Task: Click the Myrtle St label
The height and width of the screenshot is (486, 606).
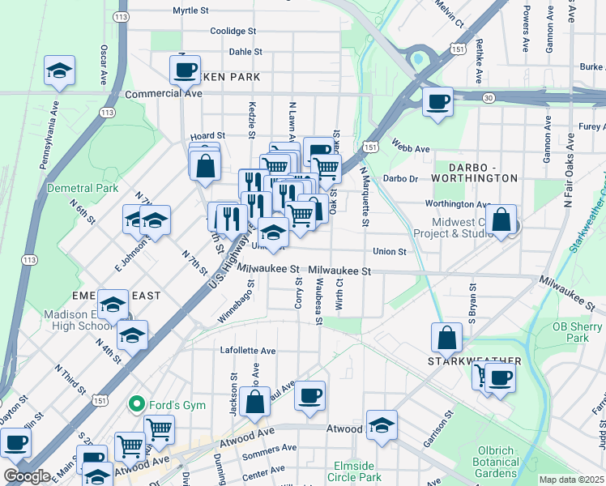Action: coord(191,11)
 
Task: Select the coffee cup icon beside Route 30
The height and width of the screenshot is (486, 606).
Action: coord(437,102)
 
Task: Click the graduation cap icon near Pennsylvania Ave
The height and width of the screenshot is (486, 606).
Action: coord(59,71)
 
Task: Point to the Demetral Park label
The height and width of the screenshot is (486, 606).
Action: coord(83,188)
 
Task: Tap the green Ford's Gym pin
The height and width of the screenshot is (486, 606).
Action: coord(137,403)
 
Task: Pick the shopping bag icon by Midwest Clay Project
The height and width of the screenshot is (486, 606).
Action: coord(501,220)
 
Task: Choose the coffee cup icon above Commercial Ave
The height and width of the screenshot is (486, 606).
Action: coord(186,70)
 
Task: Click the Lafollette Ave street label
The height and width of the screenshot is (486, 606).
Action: coord(249,351)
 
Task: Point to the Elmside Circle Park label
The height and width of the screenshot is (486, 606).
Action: coord(352,471)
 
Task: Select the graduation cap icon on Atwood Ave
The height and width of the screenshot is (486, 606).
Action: coord(382,424)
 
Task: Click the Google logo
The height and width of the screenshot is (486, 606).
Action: coord(27,475)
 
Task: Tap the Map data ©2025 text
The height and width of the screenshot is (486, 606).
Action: coord(571,480)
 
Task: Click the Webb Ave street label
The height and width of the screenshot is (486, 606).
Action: coord(412,149)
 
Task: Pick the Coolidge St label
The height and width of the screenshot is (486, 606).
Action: coord(233,31)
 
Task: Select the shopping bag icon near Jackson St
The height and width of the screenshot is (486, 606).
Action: coord(254,402)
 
